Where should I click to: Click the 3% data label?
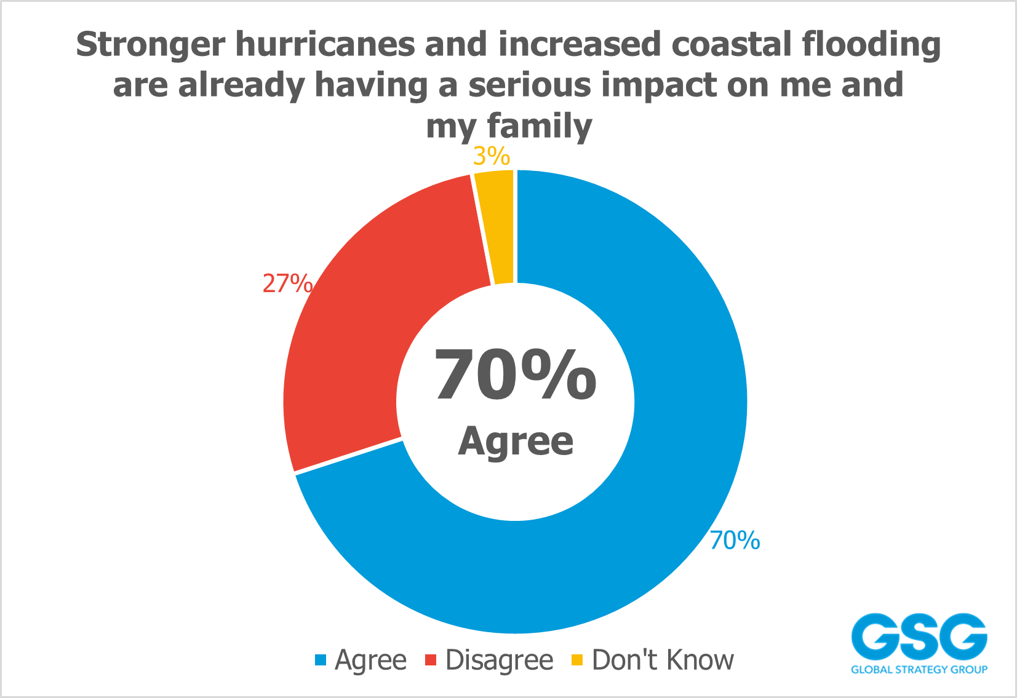click(492, 156)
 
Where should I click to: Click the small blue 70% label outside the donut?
click(735, 541)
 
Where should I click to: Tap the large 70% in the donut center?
click(515, 375)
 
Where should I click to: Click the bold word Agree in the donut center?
click(516, 440)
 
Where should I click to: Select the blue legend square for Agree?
click(320, 660)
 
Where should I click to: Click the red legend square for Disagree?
click(431, 660)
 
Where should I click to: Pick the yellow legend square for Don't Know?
click(577, 660)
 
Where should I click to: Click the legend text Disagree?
click(499, 660)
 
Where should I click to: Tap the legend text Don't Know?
click(663, 660)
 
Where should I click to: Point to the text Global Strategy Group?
click(919, 669)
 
